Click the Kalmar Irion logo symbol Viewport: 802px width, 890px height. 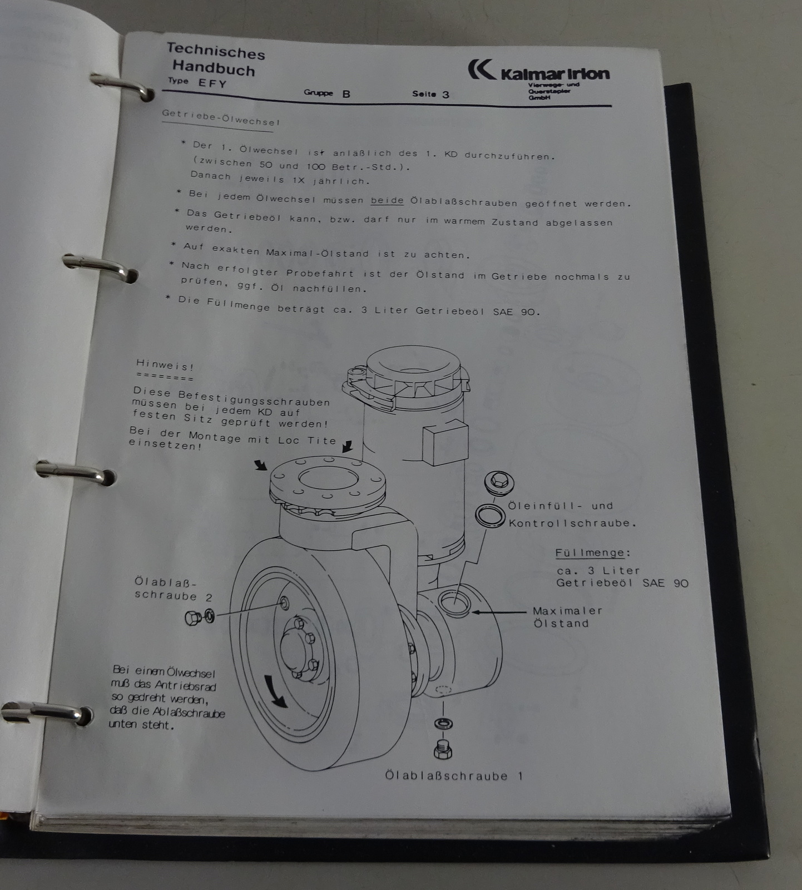tap(481, 70)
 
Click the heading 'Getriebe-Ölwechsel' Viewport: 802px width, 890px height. tap(220, 117)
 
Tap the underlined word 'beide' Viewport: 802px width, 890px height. tap(387, 200)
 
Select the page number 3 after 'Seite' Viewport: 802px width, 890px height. tap(445, 95)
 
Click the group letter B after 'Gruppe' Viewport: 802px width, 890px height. tap(346, 94)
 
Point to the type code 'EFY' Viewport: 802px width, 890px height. tap(212, 83)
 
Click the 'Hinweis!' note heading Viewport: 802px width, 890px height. tap(165, 365)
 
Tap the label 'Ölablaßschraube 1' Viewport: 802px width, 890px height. tap(454, 775)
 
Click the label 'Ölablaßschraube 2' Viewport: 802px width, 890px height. tap(172, 589)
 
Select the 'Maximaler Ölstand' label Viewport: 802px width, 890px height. tap(567, 617)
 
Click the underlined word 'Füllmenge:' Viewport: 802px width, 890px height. tap(593, 553)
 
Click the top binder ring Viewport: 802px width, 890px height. tap(122, 86)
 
